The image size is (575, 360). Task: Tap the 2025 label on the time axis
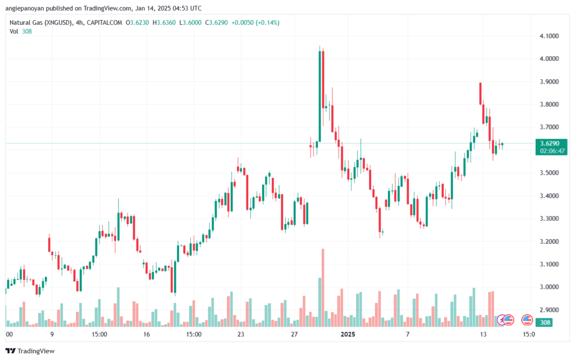[348, 334]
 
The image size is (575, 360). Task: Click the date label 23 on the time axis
[241, 334]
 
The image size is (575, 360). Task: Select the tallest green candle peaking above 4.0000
[320, 95]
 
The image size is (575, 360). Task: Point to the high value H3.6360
[165, 22]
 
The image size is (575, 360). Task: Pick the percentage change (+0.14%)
[266, 22]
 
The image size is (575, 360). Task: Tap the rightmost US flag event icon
[527, 320]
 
